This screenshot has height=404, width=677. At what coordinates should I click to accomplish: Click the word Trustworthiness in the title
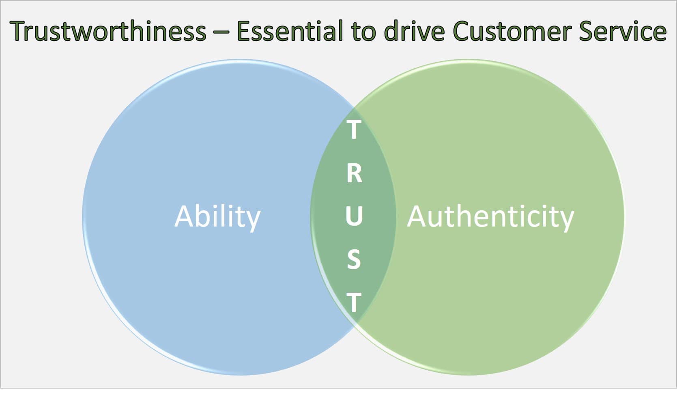pos(108,32)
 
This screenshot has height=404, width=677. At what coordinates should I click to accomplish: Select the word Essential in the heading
pos(289,32)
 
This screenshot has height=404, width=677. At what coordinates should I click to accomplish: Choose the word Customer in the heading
pos(512,32)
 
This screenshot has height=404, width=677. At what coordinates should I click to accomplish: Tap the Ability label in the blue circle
pos(217,217)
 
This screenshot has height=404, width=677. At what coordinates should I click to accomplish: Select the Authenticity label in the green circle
pos(490,217)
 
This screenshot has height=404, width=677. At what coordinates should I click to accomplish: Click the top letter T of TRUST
pos(354,130)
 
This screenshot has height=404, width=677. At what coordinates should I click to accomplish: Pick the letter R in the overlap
pos(354,173)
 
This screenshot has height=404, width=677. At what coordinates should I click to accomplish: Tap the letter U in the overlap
pos(354,216)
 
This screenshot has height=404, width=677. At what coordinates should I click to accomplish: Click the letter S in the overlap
pos(354,259)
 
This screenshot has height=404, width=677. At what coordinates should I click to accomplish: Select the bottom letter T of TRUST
pos(354,302)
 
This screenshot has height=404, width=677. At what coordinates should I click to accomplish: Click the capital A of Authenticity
pos(418,216)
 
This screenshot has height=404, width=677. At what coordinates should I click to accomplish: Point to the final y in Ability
pos(252,219)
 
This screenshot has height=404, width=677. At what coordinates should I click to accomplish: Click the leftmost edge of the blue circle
pos(83,217)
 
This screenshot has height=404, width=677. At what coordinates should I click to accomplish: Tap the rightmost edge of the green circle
pos(624,217)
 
